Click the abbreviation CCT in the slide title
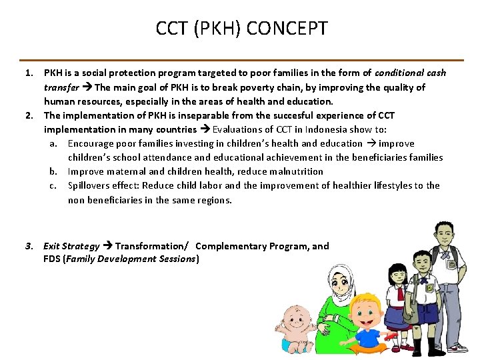click(171, 29)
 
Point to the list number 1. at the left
click(29, 73)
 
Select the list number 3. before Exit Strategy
click(29, 246)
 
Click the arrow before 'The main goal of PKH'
click(87, 87)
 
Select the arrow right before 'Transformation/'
click(107, 246)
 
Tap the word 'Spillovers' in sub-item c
click(91, 185)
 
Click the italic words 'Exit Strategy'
click(71, 246)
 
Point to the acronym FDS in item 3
click(52, 259)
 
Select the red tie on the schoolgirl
click(400, 293)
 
